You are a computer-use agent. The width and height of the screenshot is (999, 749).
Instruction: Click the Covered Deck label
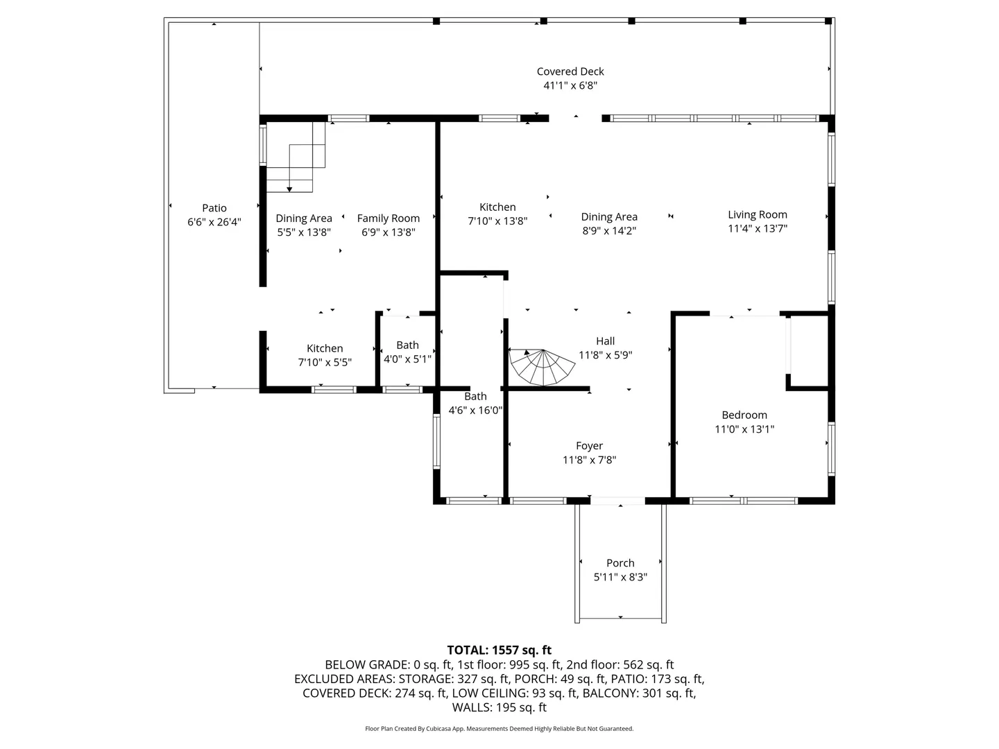[x=570, y=71]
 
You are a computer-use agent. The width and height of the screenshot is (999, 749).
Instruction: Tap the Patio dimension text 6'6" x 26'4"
[x=214, y=222]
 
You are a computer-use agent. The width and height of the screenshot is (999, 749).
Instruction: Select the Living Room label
[x=758, y=215]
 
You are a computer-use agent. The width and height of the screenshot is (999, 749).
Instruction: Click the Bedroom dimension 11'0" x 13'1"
[x=744, y=429]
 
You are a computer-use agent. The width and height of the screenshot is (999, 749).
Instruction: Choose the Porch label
[x=620, y=563]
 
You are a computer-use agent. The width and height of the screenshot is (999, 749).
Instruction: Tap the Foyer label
[x=590, y=446]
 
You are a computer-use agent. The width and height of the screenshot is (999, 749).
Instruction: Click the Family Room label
[x=388, y=218]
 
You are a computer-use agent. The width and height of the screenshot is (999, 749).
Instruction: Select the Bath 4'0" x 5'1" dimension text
[x=407, y=359]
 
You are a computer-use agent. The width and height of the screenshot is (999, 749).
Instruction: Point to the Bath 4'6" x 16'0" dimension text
[x=476, y=410]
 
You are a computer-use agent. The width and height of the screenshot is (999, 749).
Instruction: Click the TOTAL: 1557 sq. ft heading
[x=499, y=650]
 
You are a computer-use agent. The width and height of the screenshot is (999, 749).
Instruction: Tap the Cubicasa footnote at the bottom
[x=499, y=728]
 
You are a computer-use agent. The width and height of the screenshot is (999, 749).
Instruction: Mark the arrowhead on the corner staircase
[x=289, y=189]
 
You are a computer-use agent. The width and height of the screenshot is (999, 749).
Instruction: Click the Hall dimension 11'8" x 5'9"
[x=606, y=354]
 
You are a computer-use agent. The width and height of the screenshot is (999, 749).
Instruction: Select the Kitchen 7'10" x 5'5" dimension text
[x=325, y=363]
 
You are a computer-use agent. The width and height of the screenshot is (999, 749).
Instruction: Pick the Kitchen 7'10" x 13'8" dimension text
[x=497, y=221]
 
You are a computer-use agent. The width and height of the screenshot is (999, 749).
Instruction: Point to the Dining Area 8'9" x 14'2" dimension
[x=609, y=230]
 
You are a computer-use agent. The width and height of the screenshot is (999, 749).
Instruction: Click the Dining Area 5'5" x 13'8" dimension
[x=304, y=232]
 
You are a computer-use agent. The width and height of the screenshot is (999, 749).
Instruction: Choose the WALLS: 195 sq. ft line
[x=499, y=707]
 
